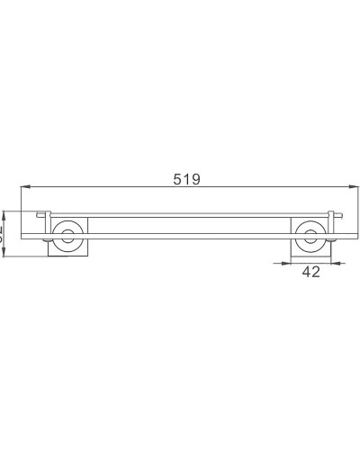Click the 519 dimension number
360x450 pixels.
pos(186,178)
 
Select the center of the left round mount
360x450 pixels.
pos(65,237)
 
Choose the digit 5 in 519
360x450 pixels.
pos(177,178)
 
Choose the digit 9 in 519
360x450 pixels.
pos(196,178)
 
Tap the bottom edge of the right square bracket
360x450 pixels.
pos(311,256)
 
